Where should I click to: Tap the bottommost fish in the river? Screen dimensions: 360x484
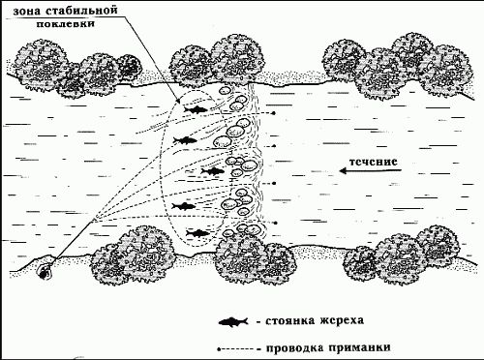198,232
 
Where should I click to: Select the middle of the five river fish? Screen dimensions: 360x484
211,172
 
